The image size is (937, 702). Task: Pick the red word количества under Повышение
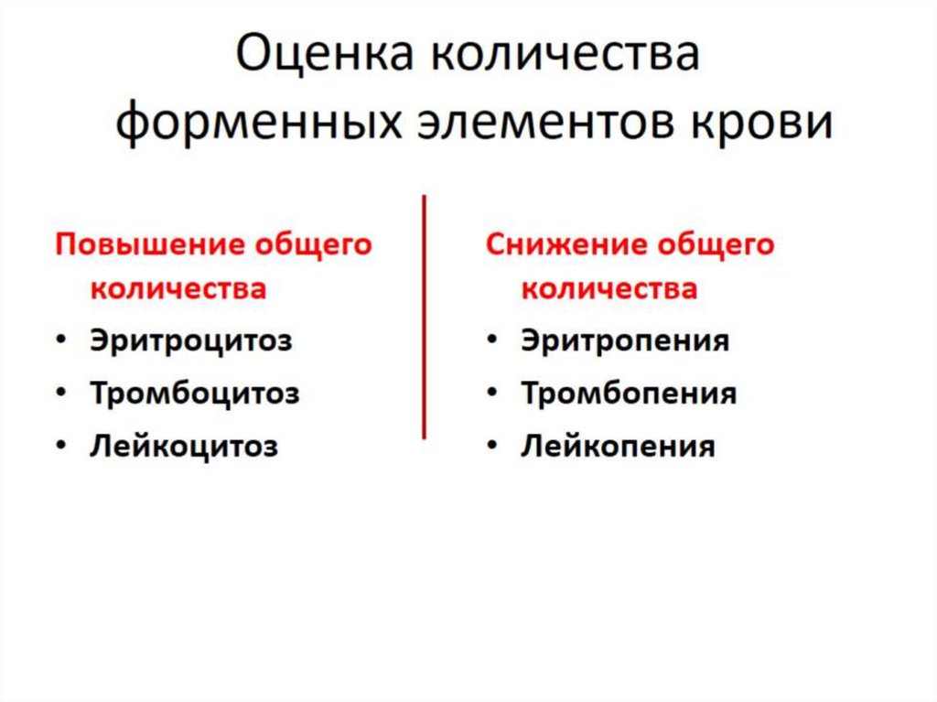click(178, 288)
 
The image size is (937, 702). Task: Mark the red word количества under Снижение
click(609, 288)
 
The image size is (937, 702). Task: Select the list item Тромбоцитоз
click(194, 394)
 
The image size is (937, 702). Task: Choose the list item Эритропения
click(625, 340)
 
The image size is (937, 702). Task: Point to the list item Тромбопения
click(629, 394)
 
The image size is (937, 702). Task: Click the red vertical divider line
click(424, 316)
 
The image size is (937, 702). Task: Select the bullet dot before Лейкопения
click(492, 447)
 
